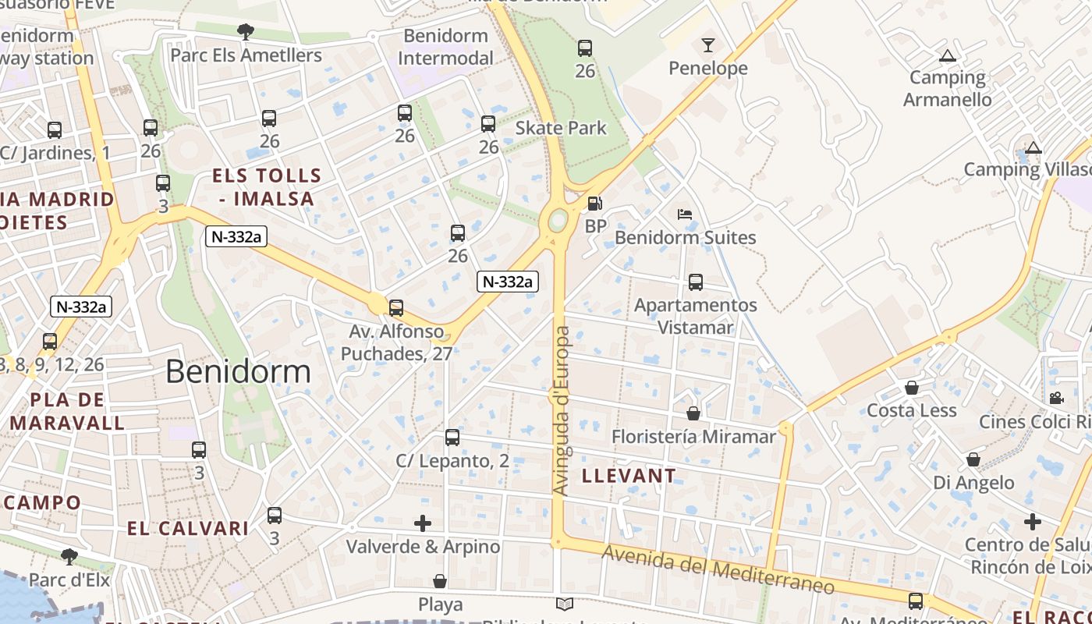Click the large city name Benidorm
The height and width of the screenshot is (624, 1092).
[x=238, y=371]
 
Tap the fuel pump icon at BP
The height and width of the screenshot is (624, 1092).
[x=594, y=204]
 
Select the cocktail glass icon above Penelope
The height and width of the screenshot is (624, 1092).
[x=707, y=44]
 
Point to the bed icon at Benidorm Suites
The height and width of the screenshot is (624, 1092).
[x=685, y=214]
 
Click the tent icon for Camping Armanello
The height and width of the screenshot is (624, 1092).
[x=948, y=55]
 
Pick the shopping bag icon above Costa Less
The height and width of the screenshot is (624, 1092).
[x=911, y=388]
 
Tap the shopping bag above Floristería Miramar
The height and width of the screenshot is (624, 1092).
[x=693, y=413]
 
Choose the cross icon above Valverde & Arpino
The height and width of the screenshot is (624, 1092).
[x=423, y=523]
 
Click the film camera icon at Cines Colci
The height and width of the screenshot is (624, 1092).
[x=1056, y=398]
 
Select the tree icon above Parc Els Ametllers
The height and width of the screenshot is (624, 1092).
[x=246, y=32]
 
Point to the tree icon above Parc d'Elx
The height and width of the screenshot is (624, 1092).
[x=69, y=556]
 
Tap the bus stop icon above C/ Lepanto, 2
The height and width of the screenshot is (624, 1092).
[x=452, y=438]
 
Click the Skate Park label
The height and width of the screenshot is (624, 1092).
[x=561, y=128]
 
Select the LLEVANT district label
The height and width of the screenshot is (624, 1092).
[x=629, y=475]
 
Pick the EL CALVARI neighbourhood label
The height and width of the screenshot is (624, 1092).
[x=188, y=528]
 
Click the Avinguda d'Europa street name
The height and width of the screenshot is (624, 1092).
[x=562, y=410]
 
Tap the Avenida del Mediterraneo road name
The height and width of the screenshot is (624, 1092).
[x=718, y=569]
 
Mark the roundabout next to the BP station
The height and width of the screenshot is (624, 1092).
[x=558, y=221]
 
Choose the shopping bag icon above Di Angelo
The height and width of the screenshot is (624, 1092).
[x=973, y=459]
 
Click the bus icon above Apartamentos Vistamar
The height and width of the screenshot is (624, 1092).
[x=695, y=282]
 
